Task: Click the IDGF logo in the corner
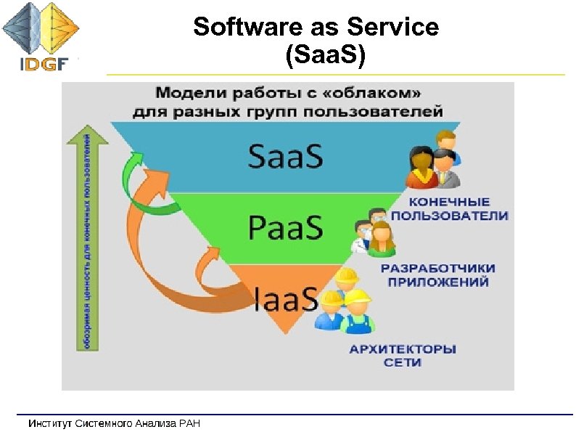point(41,36)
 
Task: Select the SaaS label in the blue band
point(286,156)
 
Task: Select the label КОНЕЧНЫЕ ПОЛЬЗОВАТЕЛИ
point(450,208)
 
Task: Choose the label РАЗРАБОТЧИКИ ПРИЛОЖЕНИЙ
point(437,275)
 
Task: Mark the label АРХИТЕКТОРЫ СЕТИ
point(403,356)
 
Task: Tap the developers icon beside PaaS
point(374,232)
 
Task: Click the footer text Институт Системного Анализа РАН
point(114,423)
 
